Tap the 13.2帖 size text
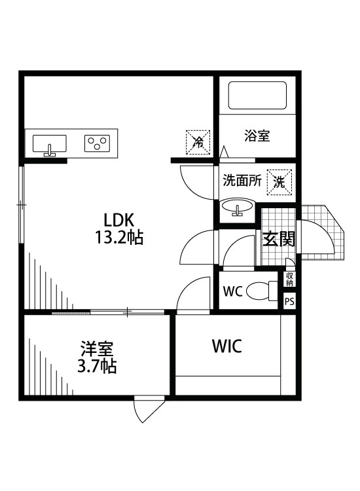(x=118, y=237)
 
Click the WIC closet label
(x=226, y=346)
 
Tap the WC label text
(x=234, y=291)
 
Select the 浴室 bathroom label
(x=257, y=136)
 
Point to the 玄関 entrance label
(x=279, y=239)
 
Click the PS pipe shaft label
(x=289, y=302)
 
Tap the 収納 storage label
(x=289, y=279)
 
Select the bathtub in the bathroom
(x=257, y=96)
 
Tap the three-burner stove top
(x=97, y=143)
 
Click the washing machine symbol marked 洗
(x=279, y=181)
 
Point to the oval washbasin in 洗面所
(x=237, y=208)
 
